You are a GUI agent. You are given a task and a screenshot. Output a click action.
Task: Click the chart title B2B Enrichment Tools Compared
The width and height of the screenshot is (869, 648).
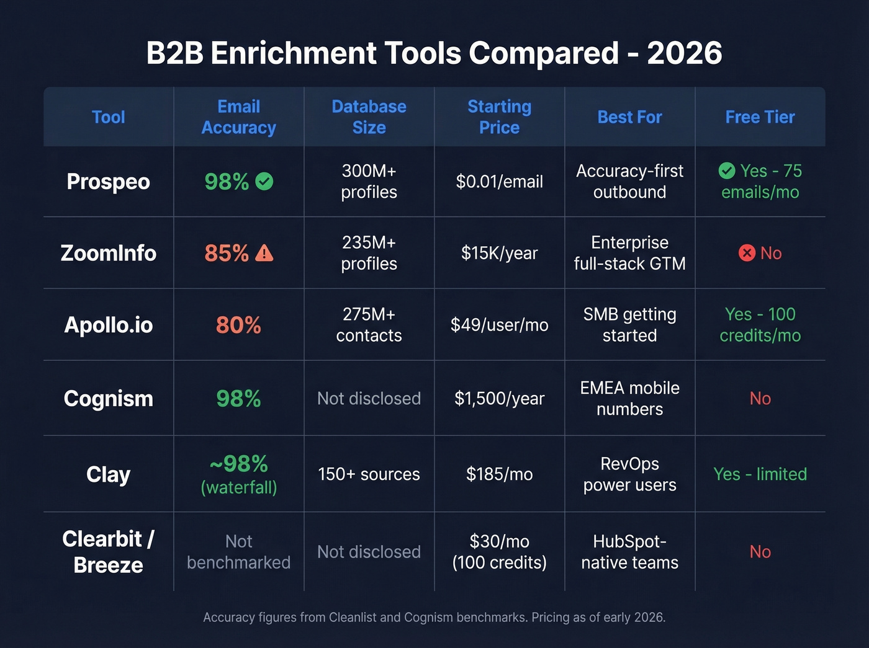click(434, 53)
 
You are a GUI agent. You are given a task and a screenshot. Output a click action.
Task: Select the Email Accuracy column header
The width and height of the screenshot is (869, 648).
click(238, 117)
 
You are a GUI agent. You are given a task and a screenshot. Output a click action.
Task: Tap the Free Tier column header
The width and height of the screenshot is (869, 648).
click(760, 117)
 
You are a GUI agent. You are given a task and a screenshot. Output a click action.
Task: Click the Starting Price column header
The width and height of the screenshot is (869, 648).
click(499, 117)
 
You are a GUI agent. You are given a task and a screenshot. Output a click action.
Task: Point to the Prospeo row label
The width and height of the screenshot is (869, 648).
click(109, 182)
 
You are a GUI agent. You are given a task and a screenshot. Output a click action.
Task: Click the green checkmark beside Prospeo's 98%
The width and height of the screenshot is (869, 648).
click(264, 182)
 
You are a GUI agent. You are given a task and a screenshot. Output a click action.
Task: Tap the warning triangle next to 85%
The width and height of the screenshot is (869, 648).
click(264, 253)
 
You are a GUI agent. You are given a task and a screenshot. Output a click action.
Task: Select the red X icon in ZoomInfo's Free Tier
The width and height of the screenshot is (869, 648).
click(747, 253)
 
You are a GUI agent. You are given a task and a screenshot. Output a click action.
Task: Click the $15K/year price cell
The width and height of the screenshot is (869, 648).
click(499, 253)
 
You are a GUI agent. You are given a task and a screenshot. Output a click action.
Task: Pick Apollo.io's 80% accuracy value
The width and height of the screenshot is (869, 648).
click(238, 325)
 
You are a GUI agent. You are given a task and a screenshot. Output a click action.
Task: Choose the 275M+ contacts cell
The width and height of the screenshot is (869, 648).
click(369, 325)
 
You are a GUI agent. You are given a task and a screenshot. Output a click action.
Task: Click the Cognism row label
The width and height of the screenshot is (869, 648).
click(109, 399)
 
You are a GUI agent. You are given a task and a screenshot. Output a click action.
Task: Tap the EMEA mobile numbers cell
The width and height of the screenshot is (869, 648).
click(629, 399)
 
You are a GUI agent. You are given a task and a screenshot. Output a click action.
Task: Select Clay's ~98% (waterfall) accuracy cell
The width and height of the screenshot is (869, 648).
click(238, 474)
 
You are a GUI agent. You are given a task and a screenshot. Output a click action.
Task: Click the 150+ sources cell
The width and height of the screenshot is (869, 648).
click(369, 474)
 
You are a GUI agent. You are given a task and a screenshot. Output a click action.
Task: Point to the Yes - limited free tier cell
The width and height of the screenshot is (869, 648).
click(760, 474)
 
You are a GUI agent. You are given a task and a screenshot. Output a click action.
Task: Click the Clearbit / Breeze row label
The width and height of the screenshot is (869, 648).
click(109, 552)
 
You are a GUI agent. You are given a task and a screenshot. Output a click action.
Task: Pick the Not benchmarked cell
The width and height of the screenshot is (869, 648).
click(238, 552)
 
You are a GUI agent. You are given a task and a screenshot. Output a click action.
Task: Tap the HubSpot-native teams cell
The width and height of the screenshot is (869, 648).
click(629, 552)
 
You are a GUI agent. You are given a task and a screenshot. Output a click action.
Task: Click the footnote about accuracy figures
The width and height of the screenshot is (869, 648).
click(434, 618)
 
